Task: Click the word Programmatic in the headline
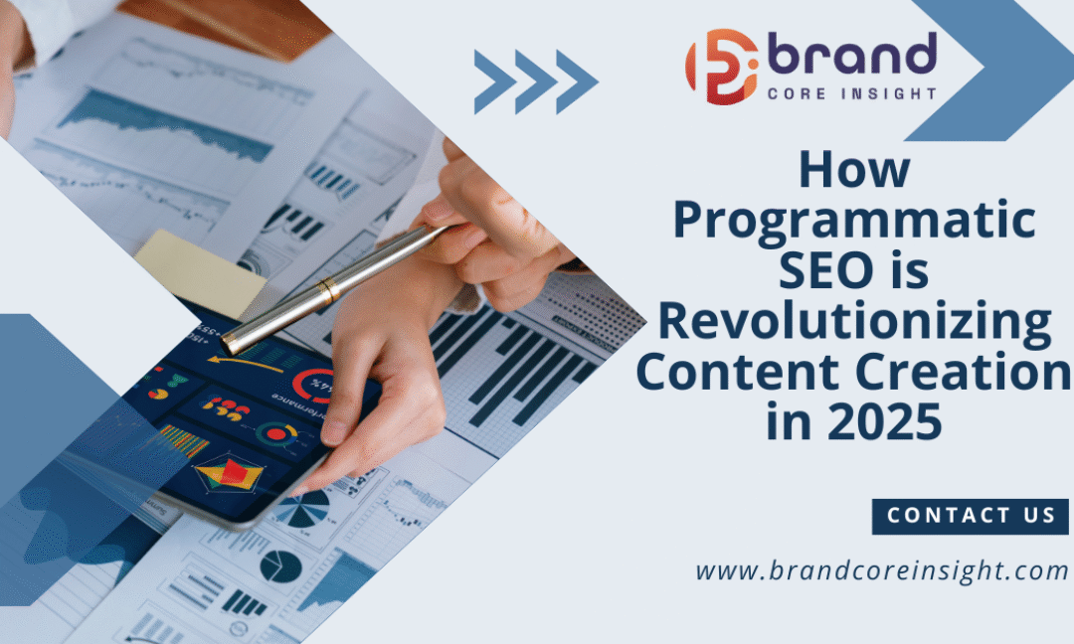(854, 220)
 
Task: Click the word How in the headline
(854, 170)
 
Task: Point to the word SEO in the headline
(819, 270)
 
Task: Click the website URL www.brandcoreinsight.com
(881, 571)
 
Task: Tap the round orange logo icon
(721, 67)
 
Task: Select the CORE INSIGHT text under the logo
(851, 93)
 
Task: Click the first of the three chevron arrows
(494, 81)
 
